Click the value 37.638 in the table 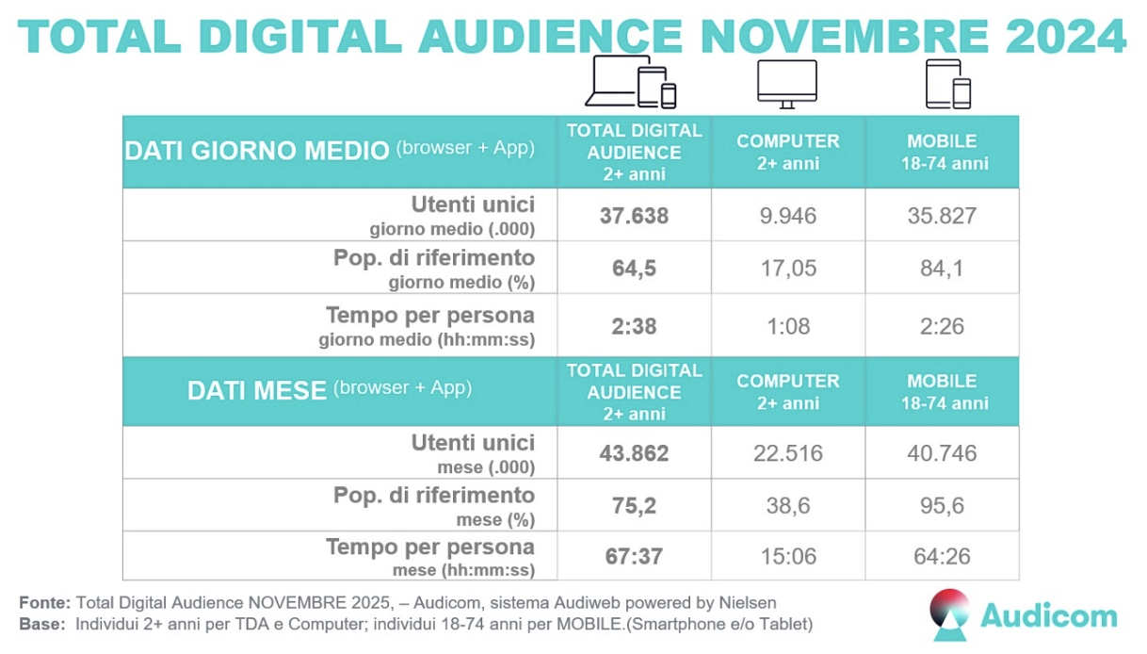coord(634,216)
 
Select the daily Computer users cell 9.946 coord(788,216)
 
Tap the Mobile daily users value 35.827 coord(942,216)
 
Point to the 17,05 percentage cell coord(788,269)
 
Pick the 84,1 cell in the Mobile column coord(942,269)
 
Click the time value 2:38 coord(634,327)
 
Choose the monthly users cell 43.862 coord(634,453)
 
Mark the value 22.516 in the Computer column coord(788,453)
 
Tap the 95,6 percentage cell coord(942,506)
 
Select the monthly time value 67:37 coord(634,556)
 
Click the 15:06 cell coord(788,556)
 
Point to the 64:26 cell coord(942,556)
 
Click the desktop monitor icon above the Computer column coord(787,83)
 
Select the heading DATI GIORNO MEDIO coord(257,151)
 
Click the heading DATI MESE coord(256,390)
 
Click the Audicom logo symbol coord(949,613)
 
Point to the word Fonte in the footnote coord(43,602)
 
